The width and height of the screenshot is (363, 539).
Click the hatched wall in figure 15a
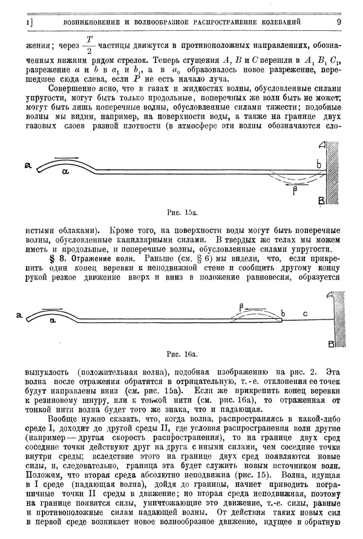[332, 172]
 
